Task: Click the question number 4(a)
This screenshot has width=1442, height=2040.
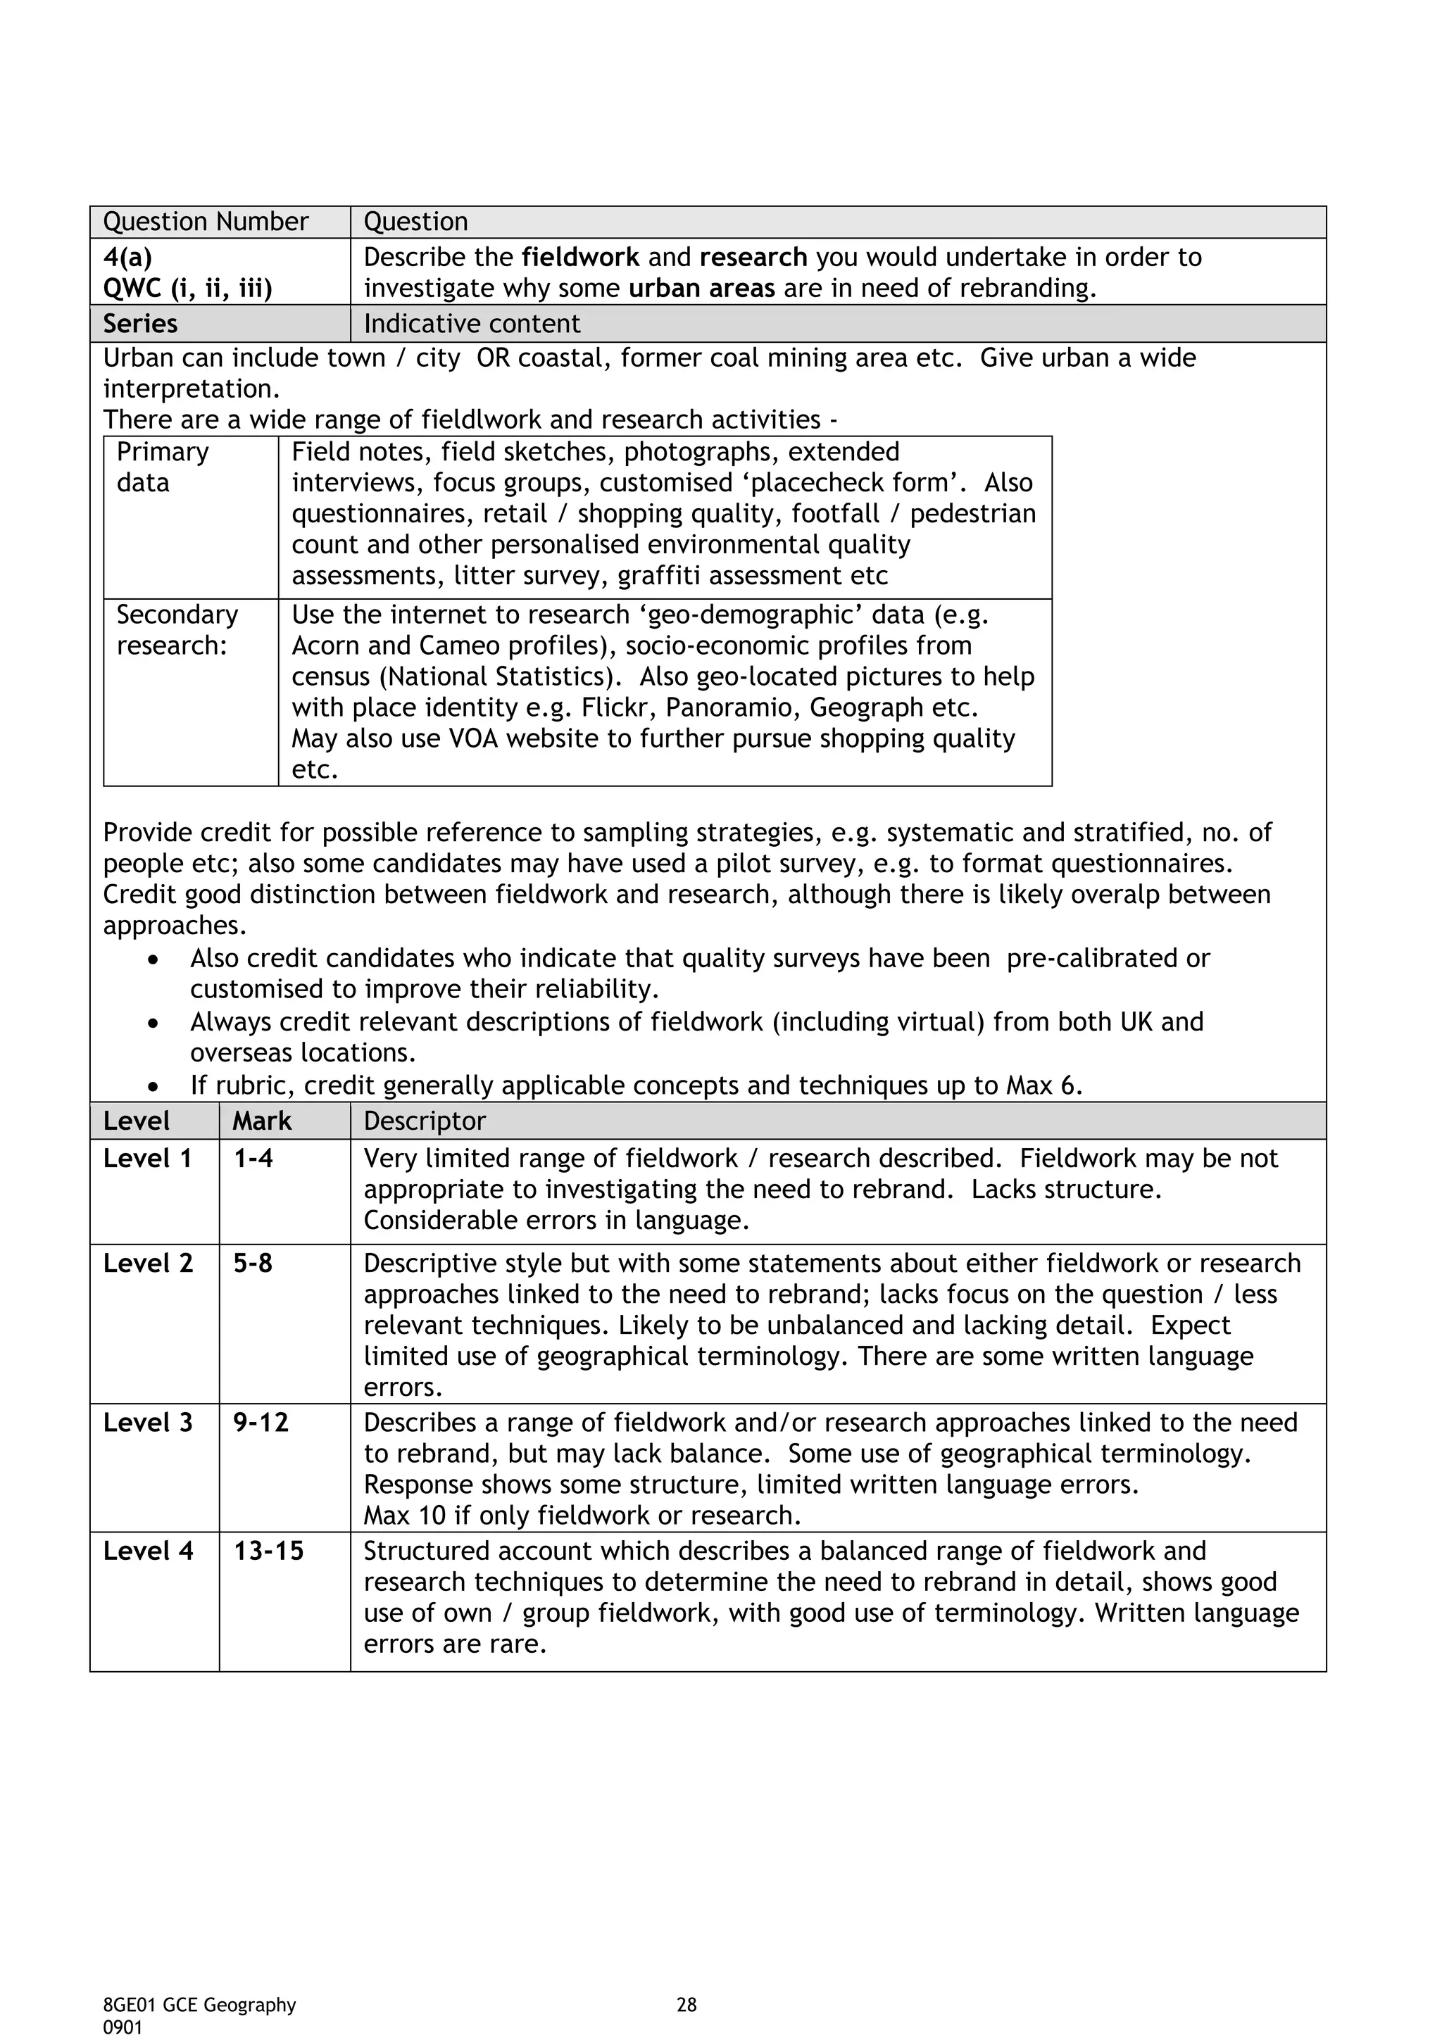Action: pyautogui.click(x=127, y=258)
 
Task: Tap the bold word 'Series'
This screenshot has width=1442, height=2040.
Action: pyautogui.click(x=140, y=323)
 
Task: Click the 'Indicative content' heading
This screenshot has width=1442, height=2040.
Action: pyautogui.click(x=471, y=323)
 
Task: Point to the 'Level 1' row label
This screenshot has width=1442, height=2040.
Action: pyautogui.click(x=147, y=1159)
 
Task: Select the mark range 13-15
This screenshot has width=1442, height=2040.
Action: pyautogui.click(x=268, y=1551)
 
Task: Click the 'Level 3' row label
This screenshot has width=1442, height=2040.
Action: pyautogui.click(x=147, y=1423)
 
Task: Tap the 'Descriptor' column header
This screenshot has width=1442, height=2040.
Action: pyautogui.click(x=424, y=1121)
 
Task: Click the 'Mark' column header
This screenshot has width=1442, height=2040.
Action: pyautogui.click(x=261, y=1121)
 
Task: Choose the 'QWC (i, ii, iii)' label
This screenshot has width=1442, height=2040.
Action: pyautogui.click(x=187, y=289)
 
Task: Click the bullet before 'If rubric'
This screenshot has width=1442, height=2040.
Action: pyautogui.click(x=155, y=1088)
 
